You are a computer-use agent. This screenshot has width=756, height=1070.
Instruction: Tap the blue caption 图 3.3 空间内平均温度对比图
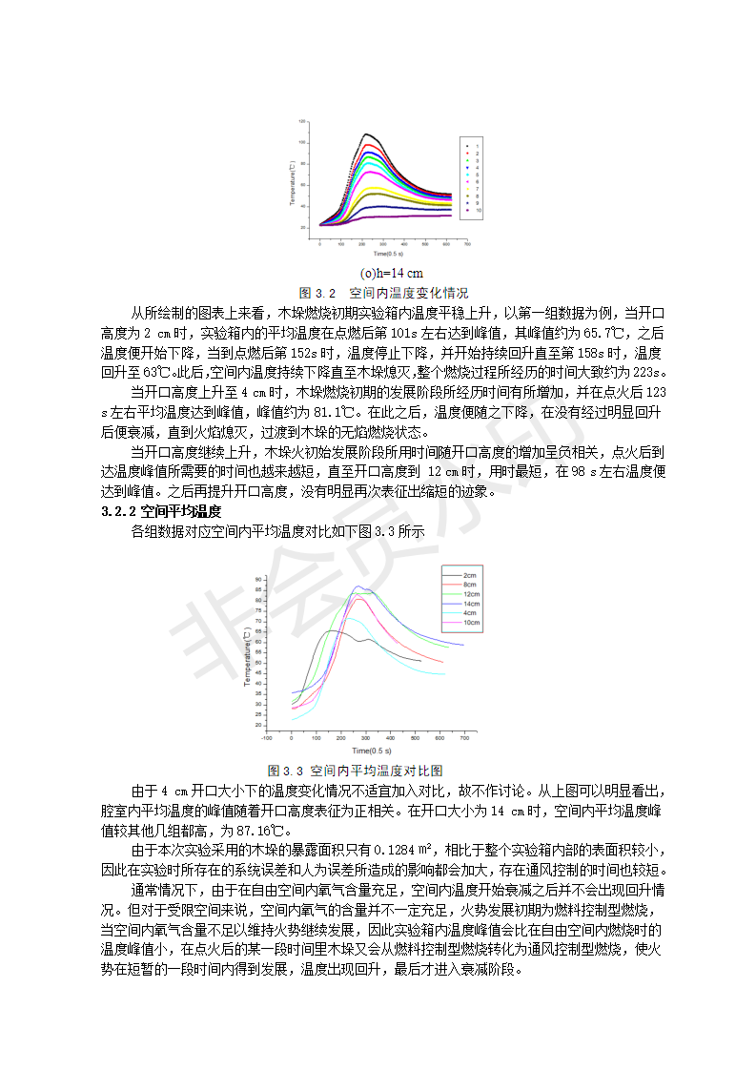click(x=356, y=771)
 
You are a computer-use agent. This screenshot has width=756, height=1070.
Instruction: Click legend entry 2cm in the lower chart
click(x=470, y=576)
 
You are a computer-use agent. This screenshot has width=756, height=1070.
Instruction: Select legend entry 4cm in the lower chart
click(x=470, y=612)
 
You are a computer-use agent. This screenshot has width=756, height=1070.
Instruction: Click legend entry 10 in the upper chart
click(x=478, y=210)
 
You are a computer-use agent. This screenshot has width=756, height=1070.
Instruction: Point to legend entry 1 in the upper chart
click(x=477, y=145)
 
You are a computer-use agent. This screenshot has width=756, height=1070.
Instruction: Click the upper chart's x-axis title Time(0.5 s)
click(x=388, y=255)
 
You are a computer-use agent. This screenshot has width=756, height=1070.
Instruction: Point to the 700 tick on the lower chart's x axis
click(x=464, y=738)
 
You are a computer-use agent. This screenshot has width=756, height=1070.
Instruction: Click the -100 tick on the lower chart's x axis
click(x=267, y=738)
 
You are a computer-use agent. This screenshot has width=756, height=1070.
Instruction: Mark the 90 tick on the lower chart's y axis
click(x=258, y=579)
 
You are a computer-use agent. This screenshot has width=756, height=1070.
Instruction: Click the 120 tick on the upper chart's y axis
click(x=302, y=122)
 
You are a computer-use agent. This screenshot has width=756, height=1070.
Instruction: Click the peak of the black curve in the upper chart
click(x=366, y=134)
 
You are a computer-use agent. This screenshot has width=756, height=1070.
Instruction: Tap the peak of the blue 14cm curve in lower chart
click(x=358, y=586)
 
